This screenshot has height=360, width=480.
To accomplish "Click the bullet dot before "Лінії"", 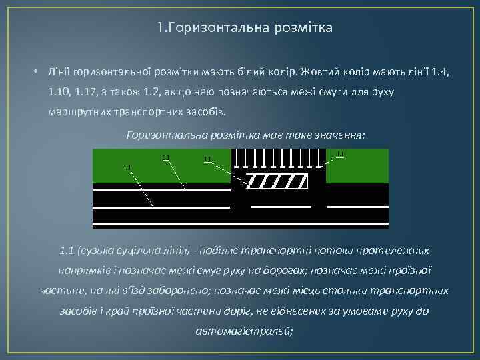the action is point(33,71).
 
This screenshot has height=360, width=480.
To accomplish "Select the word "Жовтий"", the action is point(321,71).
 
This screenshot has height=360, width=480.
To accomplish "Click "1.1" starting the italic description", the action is point(65,251).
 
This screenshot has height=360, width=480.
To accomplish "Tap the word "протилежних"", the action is point(395,251).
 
